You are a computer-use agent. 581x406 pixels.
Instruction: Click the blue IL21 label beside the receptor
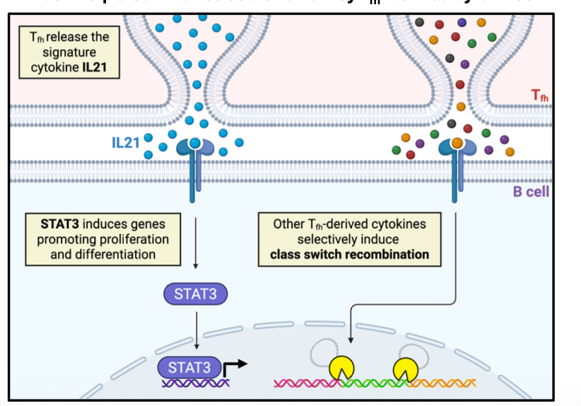pos(126,143)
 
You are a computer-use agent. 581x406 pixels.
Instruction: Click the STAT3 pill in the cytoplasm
pos(195,294)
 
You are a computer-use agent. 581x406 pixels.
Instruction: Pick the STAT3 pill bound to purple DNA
pos(189,366)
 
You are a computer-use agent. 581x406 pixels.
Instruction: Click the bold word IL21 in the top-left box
pos(98,69)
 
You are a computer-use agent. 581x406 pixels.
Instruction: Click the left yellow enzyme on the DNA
pos(341,367)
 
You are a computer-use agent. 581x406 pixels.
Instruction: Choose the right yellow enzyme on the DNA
pos(405,368)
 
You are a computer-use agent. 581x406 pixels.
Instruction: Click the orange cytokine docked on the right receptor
pos(457,143)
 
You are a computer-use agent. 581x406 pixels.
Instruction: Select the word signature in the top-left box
pos(69,53)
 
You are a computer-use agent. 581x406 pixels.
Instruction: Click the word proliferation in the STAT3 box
pos(134,238)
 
